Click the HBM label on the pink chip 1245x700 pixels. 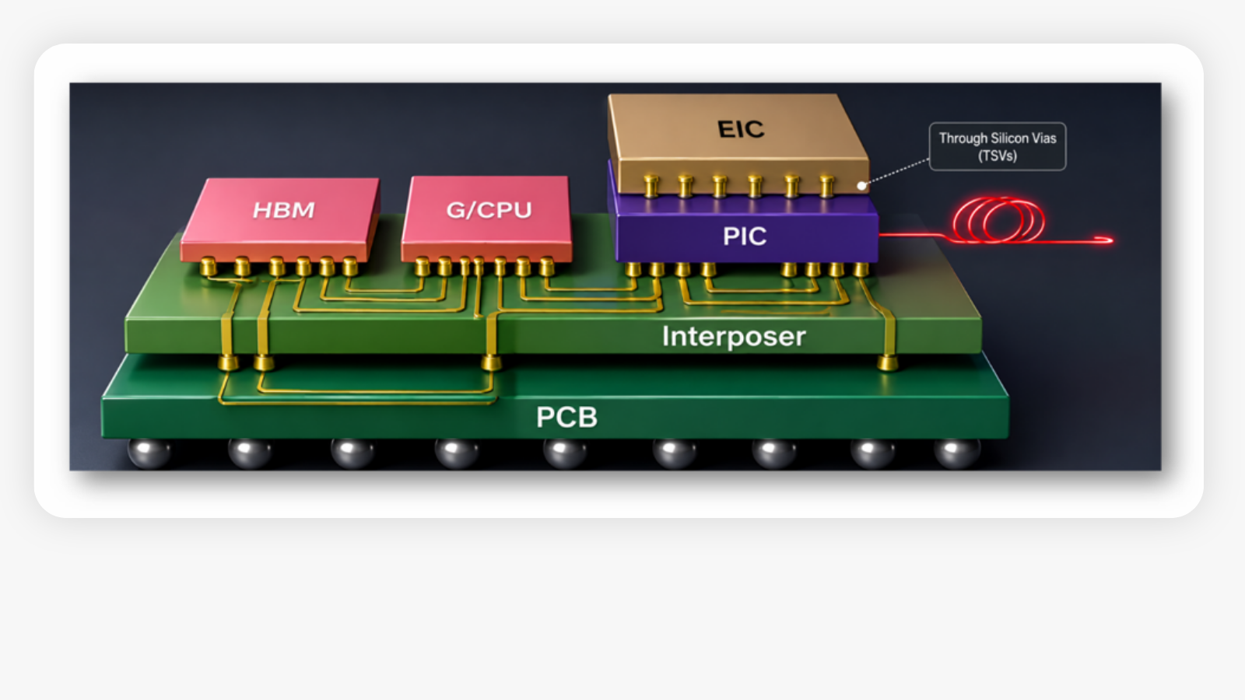click(x=283, y=210)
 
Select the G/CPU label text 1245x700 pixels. click(x=489, y=210)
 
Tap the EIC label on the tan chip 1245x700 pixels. click(x=741, y=129)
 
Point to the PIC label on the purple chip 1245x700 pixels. click(x=745, y=236)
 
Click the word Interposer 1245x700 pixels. click(x=734, y=337)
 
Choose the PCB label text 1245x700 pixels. click(x=566, y=417)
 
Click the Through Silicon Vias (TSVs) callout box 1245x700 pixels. click(x=998, y=146)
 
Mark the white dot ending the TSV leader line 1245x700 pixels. click(x=861, y=186)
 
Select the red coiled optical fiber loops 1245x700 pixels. click(x=999, y=220)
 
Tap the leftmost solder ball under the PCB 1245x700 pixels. click(x=149, y=453)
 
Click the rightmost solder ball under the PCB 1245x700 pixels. click(x=956, y=453)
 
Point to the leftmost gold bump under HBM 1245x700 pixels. click(x=209, y=267)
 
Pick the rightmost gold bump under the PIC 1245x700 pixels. click(x=861, y=269)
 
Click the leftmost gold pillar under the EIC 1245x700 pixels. click(x=651, y=186)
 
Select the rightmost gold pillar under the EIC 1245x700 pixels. click(x=827, y=186)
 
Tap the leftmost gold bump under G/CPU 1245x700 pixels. click(x=423, y=267)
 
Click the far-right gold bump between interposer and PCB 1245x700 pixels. click(x=888, y=363)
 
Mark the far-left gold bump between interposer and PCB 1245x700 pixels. click(x=229, y=363)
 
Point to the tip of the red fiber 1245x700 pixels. click(x=1112, y=240)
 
